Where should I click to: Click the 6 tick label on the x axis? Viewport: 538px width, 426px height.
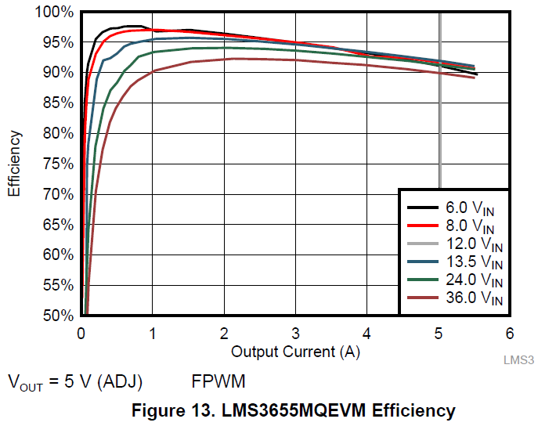509,332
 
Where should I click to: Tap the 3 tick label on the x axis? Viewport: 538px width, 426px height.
295,332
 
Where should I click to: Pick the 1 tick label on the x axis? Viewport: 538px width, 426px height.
153,332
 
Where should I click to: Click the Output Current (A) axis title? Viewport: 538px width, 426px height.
295,352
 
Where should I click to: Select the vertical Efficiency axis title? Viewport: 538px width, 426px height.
15,164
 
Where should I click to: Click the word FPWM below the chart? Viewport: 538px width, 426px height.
218,382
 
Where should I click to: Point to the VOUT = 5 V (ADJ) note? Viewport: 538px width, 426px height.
75,383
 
